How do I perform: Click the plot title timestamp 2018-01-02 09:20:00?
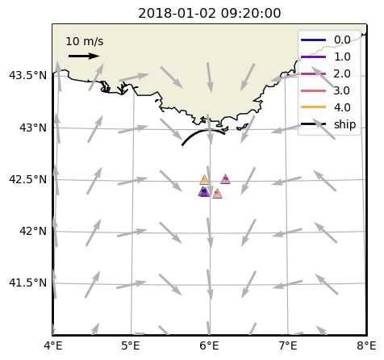pos(210,13)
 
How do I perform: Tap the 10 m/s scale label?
pos(85,41)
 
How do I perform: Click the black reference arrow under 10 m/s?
pos(84,56)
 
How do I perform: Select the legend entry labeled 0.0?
pos(325,40)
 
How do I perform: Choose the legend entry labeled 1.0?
pos(325,57)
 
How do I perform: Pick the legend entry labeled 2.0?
pos(325,73)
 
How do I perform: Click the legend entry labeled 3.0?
pos(325,90)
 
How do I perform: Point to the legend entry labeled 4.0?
pos(325,107)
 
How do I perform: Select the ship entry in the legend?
pos(328,124)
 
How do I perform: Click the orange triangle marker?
pos(204,180)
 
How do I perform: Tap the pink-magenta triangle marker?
pos(225,179)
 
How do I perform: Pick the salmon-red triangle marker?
pos(217,194)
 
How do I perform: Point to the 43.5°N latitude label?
pos(27,76)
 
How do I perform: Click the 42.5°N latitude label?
pos(27,179)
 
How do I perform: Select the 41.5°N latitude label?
pos(27,283)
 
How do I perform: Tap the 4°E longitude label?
pos(53,345)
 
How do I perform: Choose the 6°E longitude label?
pos(209,345)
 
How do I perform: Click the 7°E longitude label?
pos(288,345)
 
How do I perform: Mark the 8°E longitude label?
pos(366,345)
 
